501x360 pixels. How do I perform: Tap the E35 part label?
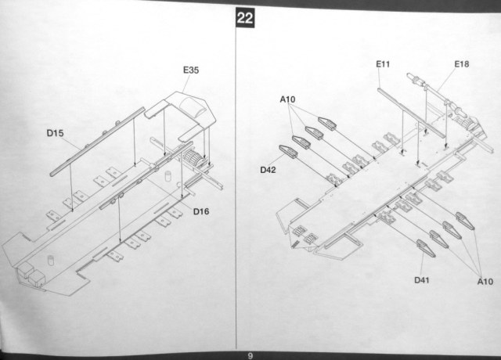click(191, 70)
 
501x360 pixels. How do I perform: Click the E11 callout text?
click(384, 64)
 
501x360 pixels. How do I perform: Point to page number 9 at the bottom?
click(250, 355)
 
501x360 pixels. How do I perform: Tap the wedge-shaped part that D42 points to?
click(285, 150)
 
